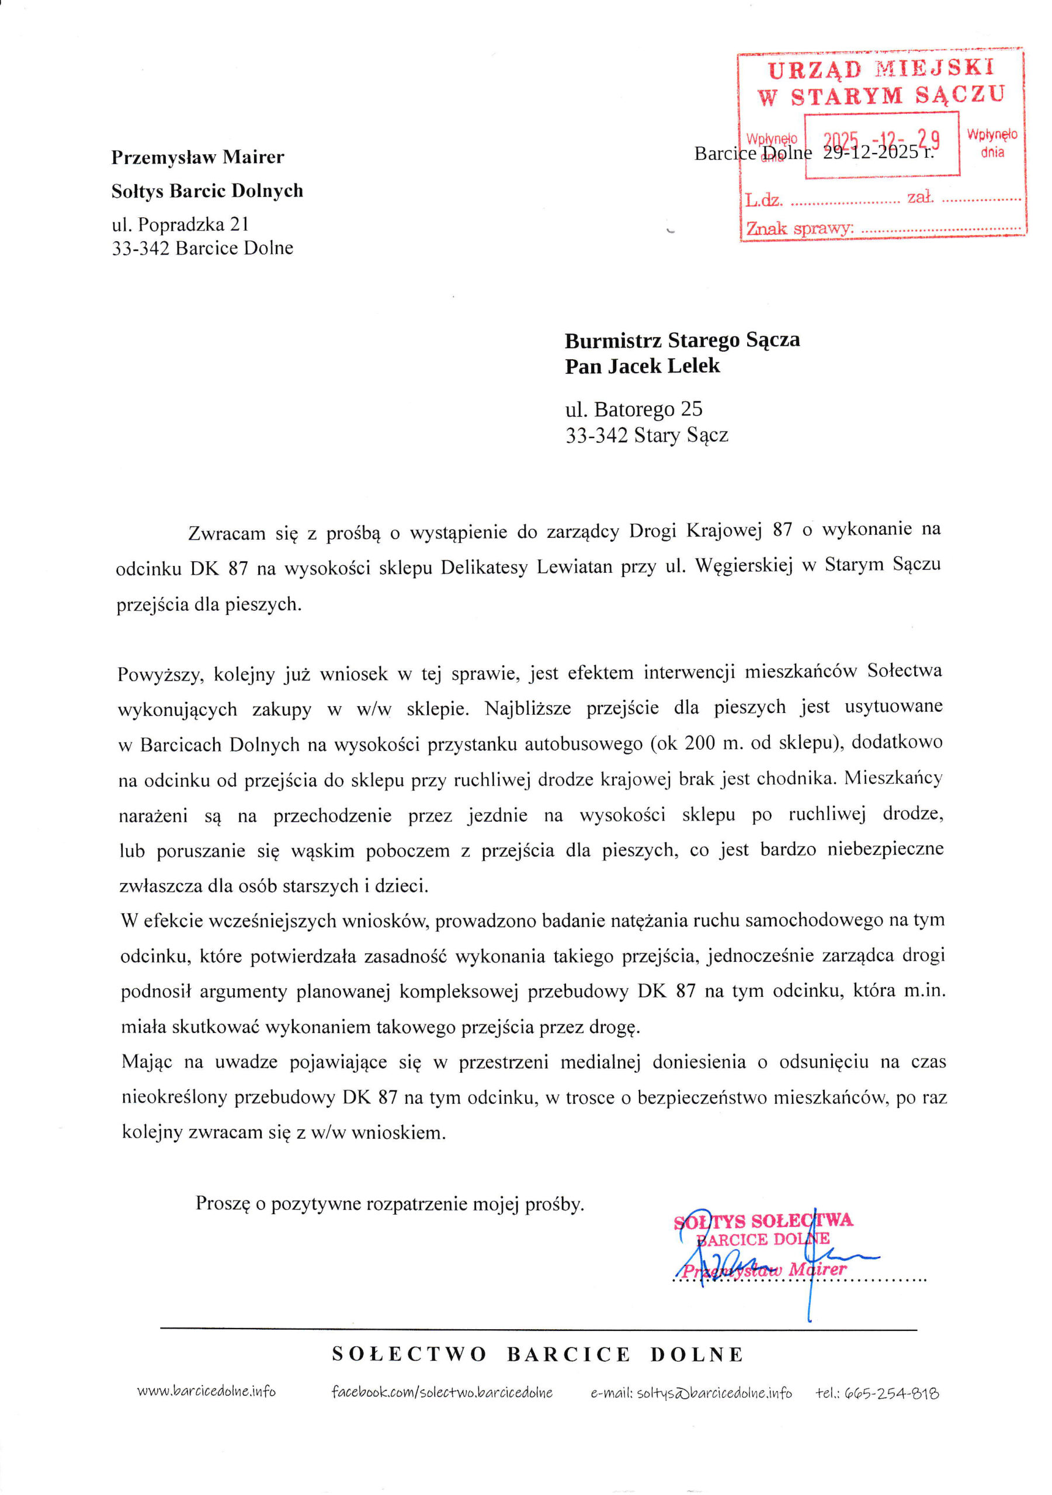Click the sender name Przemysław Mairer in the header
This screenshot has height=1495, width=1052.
(197, 157)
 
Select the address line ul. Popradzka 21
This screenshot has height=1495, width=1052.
(180, 224)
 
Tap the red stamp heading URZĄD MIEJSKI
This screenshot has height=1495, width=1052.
(880, 69)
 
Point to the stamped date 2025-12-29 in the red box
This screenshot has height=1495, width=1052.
(881, 140)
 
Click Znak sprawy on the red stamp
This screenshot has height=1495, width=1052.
(798, 228)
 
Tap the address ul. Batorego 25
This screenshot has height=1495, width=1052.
(633, 409)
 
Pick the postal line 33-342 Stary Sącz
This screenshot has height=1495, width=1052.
(646, 435)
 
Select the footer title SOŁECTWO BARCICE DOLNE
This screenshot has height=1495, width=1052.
(537, 1355)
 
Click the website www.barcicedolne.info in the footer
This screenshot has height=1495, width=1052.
(206, 1392)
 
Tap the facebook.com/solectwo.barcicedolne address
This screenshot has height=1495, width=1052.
(442, 1392)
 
